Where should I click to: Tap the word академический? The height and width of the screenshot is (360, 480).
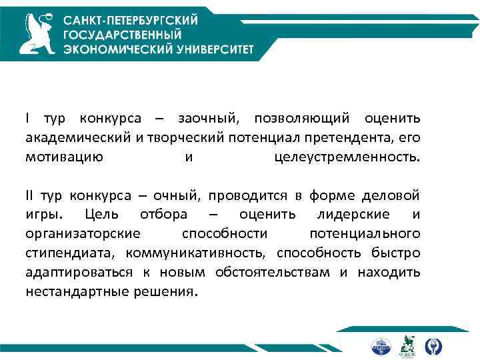74,138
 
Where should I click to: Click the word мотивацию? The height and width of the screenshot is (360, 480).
64,157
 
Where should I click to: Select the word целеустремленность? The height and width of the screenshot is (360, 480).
347,157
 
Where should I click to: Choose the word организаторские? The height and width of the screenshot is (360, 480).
83,235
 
